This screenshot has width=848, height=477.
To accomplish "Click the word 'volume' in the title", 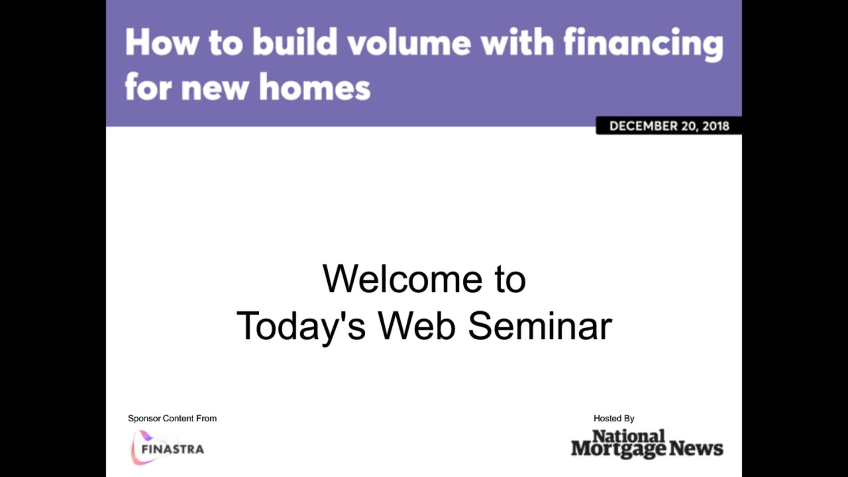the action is point(409,42).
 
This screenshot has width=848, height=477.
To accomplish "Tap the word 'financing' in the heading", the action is point(644,44).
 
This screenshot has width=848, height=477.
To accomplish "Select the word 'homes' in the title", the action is point(314,87).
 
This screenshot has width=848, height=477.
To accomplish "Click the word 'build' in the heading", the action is point(295,42).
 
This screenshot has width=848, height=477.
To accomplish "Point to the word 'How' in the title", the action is point(162,42).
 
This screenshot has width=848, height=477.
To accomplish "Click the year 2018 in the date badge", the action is point(715,126).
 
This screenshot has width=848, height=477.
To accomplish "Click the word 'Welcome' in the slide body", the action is point(402,279).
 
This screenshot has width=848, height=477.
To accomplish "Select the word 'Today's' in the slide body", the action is point(301,326).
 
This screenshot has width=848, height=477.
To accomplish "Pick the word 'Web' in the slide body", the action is point(416,326).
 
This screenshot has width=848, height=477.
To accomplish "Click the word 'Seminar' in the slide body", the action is point(540,326).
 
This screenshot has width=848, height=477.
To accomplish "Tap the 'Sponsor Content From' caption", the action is point(172,418).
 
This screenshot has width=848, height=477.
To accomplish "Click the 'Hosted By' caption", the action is point(614,418).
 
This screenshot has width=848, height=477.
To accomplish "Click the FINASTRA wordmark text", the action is point(173,449).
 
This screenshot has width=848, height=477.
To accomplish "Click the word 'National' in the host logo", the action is point(628,436).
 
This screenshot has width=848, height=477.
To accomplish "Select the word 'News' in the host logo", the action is point(696,448).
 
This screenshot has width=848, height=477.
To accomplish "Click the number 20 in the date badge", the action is point(689,126).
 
